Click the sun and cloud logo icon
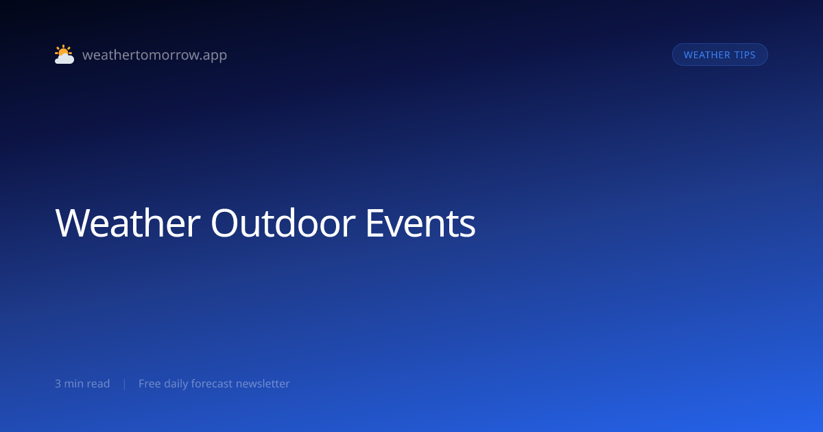64,54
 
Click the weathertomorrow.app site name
155,55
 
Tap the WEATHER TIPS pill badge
719,55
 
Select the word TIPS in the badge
745,55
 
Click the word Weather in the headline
128,223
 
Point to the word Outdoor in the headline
283,223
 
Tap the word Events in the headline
420,223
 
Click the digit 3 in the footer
58,383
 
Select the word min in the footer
74,383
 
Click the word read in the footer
99,383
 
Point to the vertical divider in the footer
125,384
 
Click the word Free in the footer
150,383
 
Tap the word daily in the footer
176,384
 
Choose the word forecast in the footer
212,383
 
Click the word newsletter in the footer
263,383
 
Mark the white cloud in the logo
64,58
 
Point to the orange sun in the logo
63,51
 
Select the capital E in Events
374,223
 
